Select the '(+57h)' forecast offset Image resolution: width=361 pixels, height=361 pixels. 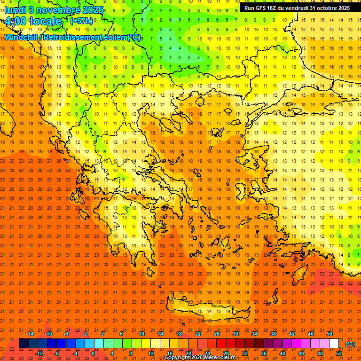pos(81,21)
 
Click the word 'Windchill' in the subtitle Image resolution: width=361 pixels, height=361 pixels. pos(21,37)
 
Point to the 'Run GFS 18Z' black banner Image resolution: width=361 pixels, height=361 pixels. pos(297,8)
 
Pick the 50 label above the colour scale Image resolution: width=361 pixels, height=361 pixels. pos(330,334)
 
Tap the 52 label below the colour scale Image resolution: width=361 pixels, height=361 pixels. pos(339,353)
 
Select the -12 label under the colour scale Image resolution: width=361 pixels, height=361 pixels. pos(39,353)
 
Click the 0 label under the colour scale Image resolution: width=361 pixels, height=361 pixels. pos(93,353)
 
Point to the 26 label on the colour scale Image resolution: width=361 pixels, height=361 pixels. pos(217,334)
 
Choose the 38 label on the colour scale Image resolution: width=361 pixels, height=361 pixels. pos(273,334)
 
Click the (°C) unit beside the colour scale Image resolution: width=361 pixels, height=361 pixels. pos(350,344)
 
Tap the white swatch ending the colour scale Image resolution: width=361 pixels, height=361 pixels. pos(334,344)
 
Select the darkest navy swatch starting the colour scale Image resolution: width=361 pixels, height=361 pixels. pos(24,344)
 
